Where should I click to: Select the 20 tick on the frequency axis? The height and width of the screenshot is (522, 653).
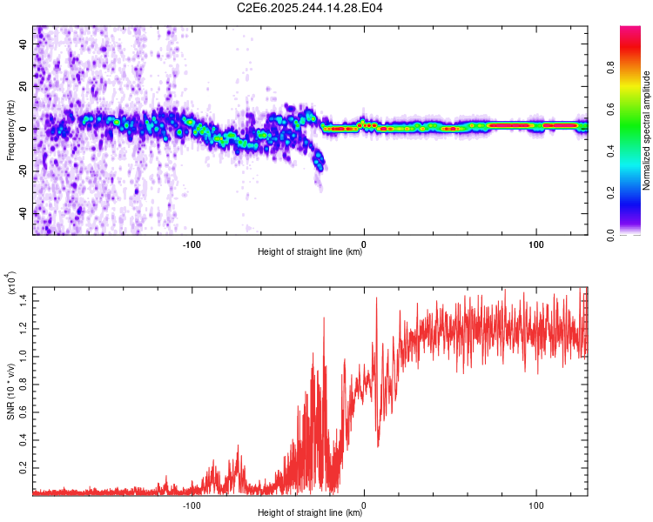click(x=24, y=87)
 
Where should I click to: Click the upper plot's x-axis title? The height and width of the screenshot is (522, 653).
click(x=310, y=252)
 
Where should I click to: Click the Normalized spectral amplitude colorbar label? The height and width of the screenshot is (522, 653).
click(x=647, y=130)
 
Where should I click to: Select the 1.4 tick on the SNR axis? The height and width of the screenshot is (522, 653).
click(x=24, y=298)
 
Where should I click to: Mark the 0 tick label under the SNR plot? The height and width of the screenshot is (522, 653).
click(x=364, y=503)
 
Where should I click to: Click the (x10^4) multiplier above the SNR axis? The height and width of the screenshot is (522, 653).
click(x=10, y=283)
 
